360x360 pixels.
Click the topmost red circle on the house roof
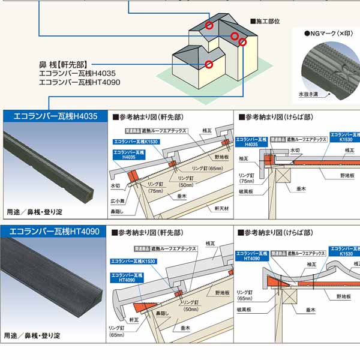pos(209,26)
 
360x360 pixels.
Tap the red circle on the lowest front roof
pos(208,64)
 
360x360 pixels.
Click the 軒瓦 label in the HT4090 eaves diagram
pos(133,320)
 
